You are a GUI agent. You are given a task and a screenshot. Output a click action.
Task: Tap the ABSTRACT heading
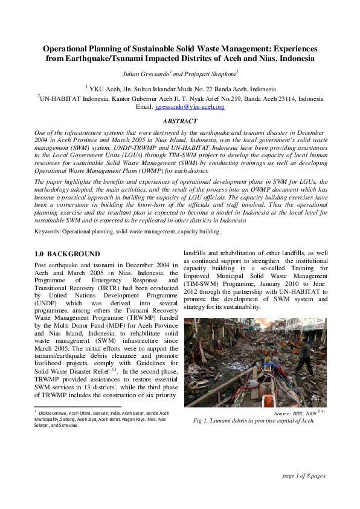(x=180, y=122)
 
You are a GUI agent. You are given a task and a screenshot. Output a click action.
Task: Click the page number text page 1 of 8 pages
(x=304, y=476)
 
